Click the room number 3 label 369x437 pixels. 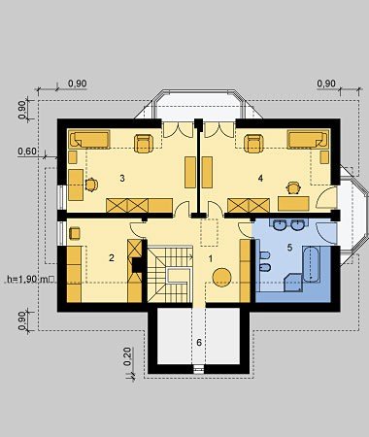(x=122, y=178)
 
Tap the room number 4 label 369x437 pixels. (x=260, y=178)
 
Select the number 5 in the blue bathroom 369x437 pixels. (x=289, y=248)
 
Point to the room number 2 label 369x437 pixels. (x=112, y=258)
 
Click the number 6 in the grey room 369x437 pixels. (x=199, y=342)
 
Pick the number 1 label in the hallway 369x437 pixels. (x=211, y=258)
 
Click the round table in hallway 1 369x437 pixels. (x=222, y=278)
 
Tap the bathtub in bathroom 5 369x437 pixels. (x=312, y=263)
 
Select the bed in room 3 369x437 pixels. (x=89, y=139)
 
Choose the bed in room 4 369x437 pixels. (x=308, y=140)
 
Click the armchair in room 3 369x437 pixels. (x=144, y=143)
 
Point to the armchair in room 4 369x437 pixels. (x=253, y=143)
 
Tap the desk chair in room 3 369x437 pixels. (x=91, y=185)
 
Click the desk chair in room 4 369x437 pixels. (x=293, y=187)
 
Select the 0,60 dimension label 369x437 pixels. (x=27, y=151)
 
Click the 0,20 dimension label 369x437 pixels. (x=127, y=356)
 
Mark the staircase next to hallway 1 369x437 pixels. (x=170, y=275)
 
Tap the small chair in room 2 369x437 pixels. (x=75, y=233)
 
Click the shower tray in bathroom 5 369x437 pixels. (x=293, y=282)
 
